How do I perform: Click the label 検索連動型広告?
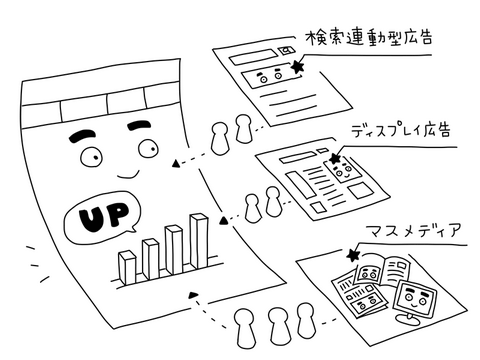[369, 38]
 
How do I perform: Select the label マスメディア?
[414, 230]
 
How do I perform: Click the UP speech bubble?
[102, 217]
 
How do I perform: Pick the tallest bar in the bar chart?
[199, 241]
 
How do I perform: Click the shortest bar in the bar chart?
[127, 267]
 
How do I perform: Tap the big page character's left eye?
[91, 156]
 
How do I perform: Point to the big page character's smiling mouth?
[128, 173]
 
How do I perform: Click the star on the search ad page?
[297, 67]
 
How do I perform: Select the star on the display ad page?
[335, 158]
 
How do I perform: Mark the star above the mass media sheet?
[353, 255]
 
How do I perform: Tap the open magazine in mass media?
[382, 271]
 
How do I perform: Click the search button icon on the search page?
[287, 50]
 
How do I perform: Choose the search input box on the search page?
[254, 57]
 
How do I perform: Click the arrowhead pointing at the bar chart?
[224, 220]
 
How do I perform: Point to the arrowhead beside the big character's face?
[175, 163]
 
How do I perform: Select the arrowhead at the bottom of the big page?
[193, 295]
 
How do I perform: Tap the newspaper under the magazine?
[358, 293]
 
